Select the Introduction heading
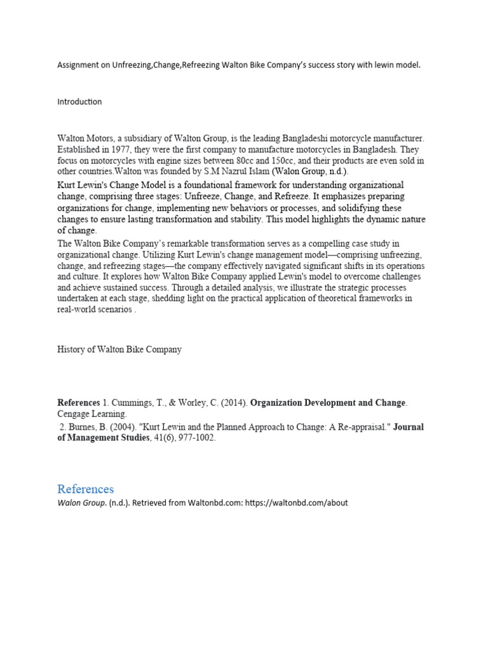coord(79,102)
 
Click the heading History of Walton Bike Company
coord(119,349)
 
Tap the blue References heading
coord(85,489)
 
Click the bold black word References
coord(79,403)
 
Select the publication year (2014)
coord(233,403)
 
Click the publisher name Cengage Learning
coord(92,414)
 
